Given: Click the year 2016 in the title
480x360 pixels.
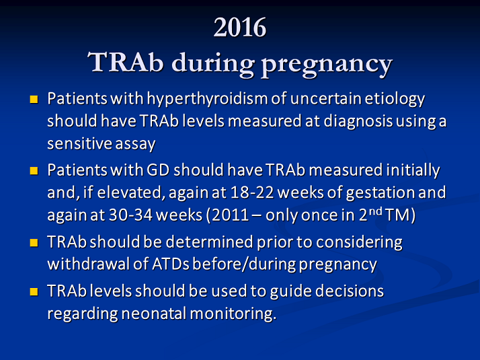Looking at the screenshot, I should [240, 28].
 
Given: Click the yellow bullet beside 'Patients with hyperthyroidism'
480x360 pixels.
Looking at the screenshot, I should [34, 100].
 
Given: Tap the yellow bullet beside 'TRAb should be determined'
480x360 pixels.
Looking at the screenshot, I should [34, 240].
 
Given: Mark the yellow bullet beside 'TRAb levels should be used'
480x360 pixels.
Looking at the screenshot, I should [34, 291].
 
